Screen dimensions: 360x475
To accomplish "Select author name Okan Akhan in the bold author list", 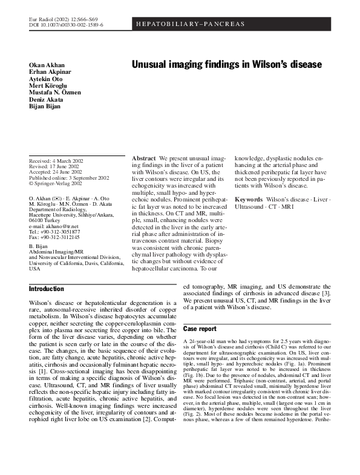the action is [x=47, y=65].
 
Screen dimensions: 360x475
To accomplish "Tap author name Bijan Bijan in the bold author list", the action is [x=45, y=106].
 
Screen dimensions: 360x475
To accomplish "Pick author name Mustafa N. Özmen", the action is [x=55, y=93].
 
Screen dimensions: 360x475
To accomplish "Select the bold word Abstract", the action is [x=144, y=158].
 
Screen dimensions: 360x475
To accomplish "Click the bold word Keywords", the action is [x=249, y=199].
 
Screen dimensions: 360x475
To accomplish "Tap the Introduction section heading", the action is [x=47, y=289].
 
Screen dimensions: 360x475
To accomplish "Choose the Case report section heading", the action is [x=200, y=329].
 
